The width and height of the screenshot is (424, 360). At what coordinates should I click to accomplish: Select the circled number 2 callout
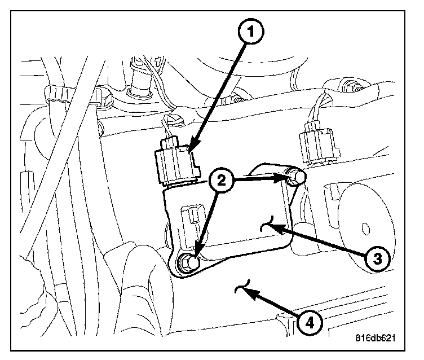coord(221,180)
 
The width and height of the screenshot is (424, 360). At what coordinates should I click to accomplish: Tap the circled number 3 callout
coord(378,258)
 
